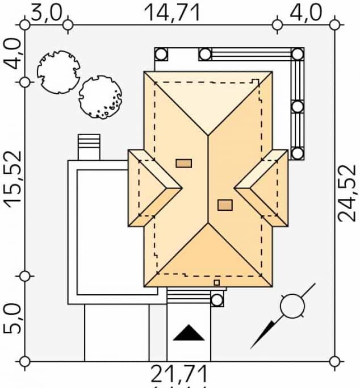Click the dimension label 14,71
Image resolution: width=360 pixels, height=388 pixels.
(x=172, y=12)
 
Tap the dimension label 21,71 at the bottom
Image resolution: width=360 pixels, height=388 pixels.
(x=178, y=374)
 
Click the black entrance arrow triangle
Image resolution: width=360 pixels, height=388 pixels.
(x=189, y=333)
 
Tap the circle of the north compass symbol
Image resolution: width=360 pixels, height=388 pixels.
(x=292, y=306)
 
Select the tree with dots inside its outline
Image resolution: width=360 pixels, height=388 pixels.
(x=100, y=98)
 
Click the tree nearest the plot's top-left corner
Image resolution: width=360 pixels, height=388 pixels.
(x=58, y=72)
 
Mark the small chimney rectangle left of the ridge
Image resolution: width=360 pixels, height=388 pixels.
(x=183, y=164)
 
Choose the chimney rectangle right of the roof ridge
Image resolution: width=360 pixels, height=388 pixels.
(x=225, y=205)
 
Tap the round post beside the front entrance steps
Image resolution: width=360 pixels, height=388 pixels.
(x=217, y=300)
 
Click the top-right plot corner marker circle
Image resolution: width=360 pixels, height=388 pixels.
(x=334, y=24)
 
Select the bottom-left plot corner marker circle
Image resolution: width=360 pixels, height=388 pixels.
(x=24, y=361)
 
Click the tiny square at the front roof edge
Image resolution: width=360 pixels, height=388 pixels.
(x=216, y=282)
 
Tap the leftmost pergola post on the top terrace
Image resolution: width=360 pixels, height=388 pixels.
(x=161, y=55)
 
